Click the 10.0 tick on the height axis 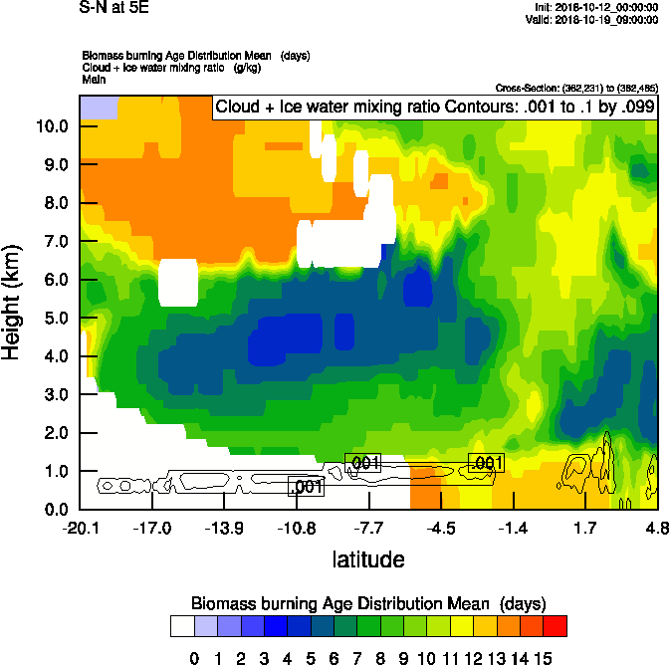click(x=52, y=126)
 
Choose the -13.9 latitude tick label click(x=224, y=527)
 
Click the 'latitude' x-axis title click(x=368, y=558)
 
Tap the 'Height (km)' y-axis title click(x=13, y=303)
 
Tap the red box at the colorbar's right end click(x=556, y=625)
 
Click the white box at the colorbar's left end click(x=181, y=625)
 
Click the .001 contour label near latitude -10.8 click(x=307, y=486)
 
